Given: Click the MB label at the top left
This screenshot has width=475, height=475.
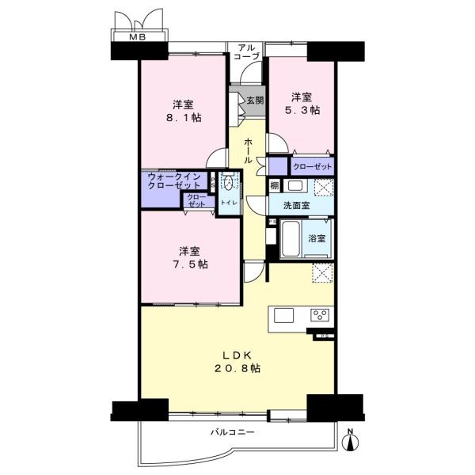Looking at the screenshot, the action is click(138, 37).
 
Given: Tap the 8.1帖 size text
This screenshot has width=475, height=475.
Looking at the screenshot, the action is click(184, 118).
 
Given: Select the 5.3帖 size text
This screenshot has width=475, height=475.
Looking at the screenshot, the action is click(302, 110).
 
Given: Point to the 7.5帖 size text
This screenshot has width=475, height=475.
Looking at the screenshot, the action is click(190, 264).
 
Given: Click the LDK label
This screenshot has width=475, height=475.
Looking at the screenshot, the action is click(237, 355).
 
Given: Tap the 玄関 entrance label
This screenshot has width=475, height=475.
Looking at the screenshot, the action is click(255, 101).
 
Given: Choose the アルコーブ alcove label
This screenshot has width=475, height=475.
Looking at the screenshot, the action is click(247, 51).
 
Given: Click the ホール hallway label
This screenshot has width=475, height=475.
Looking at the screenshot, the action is click(248, 150).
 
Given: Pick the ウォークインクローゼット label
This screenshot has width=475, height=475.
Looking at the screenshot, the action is click(174, 180).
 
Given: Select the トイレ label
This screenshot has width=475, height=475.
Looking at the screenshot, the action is click(229, 203).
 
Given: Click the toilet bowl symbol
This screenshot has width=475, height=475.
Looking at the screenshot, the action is click(230, 183).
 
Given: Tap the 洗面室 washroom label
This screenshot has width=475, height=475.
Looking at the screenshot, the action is click(297, 206).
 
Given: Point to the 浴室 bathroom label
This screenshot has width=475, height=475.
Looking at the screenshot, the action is click(317, 239).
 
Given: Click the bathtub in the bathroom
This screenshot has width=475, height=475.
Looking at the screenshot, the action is click(291, 239).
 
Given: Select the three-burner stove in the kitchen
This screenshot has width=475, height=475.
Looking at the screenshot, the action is click(320, 314).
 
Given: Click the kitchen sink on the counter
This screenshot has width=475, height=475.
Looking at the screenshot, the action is click(284, 315).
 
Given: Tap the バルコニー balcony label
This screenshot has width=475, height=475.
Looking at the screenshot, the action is click(233, 432).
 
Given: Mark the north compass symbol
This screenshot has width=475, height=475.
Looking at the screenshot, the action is click(350, 441).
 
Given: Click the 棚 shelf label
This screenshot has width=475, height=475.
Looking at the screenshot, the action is click(275, 186).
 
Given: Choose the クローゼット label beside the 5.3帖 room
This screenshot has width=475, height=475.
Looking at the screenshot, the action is click(313, 166).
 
